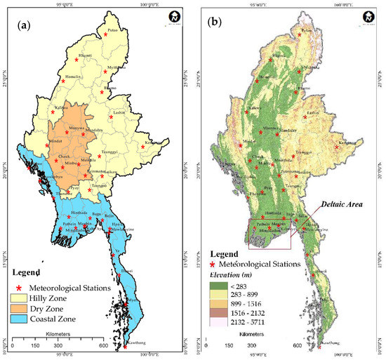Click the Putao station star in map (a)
coord(106,34)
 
